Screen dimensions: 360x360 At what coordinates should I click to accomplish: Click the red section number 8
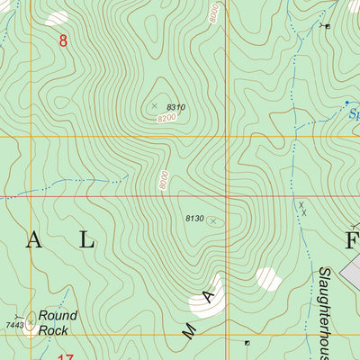[x=62, y=40]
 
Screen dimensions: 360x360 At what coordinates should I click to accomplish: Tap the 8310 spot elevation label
[x=175, y=108]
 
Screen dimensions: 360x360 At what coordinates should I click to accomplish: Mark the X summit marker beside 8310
[x=154, y=105]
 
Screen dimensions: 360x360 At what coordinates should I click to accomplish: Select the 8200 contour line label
[x=166, y=119]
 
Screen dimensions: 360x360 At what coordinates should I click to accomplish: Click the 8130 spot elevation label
[x=194, y=218]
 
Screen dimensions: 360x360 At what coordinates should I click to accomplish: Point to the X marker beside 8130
[x=213, y=220]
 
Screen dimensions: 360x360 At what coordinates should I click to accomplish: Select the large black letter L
[x=85, y=239]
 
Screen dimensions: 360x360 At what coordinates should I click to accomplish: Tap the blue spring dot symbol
[x=348, y=104]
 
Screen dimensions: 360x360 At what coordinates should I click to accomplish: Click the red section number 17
[x=65, y=357]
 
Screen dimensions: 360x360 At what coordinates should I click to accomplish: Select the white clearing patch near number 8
[x=56, y=17]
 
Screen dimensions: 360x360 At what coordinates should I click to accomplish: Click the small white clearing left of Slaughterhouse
[x=267, y=278]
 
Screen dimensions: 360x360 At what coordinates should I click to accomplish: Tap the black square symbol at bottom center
[x=247, y=342]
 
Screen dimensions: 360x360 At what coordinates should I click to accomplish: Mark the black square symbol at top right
[x=327, y=26]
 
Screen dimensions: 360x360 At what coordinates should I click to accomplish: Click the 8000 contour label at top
[x=212, y=13]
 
